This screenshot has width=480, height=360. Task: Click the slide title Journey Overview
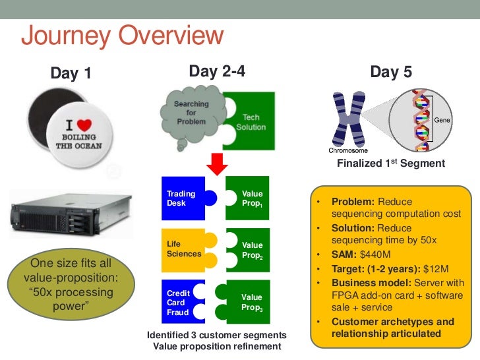pos(122,36)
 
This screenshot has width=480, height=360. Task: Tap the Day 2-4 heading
pos(217,71)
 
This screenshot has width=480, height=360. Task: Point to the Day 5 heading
pos(391,72)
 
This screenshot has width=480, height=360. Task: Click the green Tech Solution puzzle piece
pos(249,121)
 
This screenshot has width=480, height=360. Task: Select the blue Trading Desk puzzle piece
pos(184,198)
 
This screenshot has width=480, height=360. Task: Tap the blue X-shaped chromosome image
pos(349,119)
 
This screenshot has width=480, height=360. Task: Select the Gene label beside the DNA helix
pos(442,120)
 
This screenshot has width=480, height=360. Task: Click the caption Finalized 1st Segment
pos(390,164)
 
